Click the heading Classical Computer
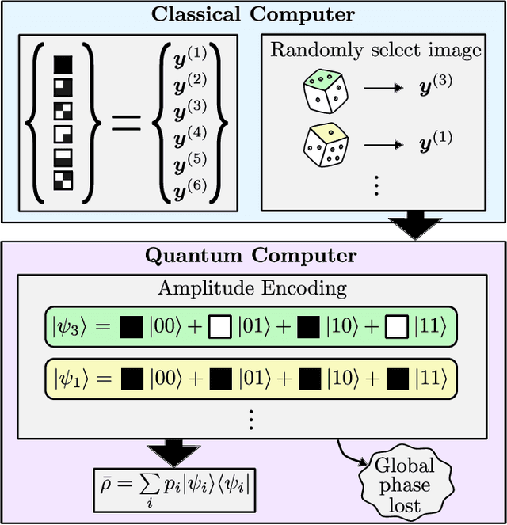(x=253, y=14)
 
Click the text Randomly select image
(x=376, y=51)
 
